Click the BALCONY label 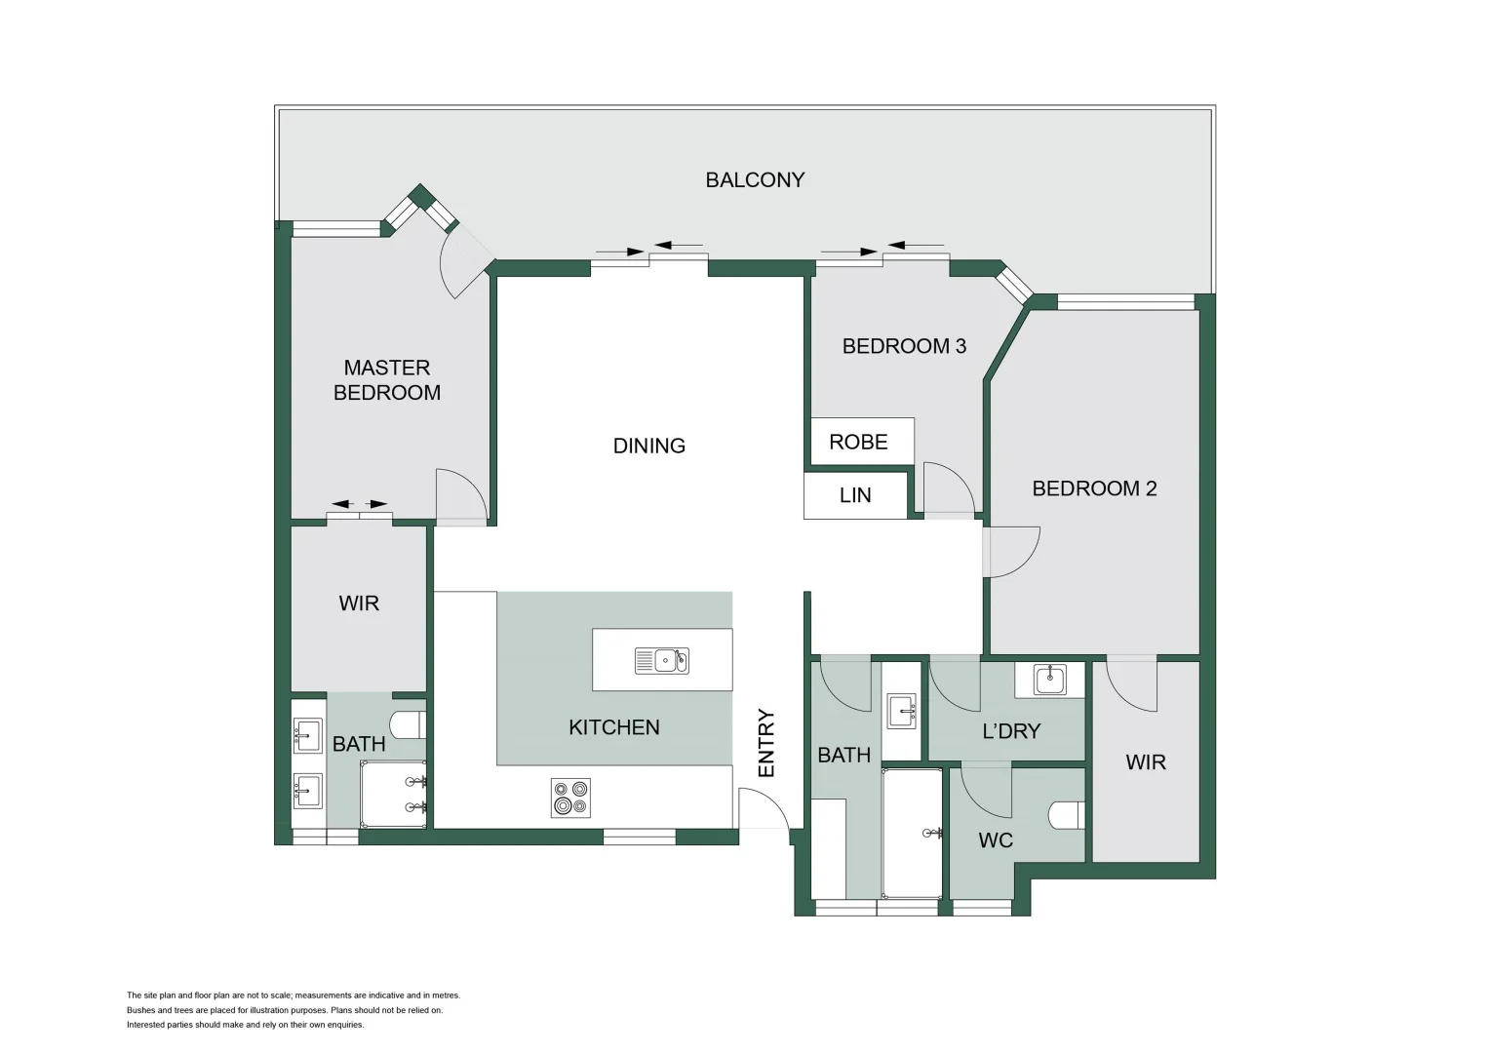coord(755,180)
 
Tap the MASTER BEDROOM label coord(387,380)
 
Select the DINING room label coord(648,446)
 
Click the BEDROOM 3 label coord(904,346)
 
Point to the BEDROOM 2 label coord(1094,488)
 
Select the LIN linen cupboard coord(855,495)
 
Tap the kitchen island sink coord(662,660)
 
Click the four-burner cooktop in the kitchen coord(570,797)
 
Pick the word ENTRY coord(766,743)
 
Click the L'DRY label coord(1011,731)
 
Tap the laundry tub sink coord(1049,679)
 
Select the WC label coord(996,840)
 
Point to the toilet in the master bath coord(407,724)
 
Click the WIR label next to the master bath coord(359,604)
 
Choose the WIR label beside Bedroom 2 coord(1146,762)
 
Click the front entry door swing coord(763,811)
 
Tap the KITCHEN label coord(614,727)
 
